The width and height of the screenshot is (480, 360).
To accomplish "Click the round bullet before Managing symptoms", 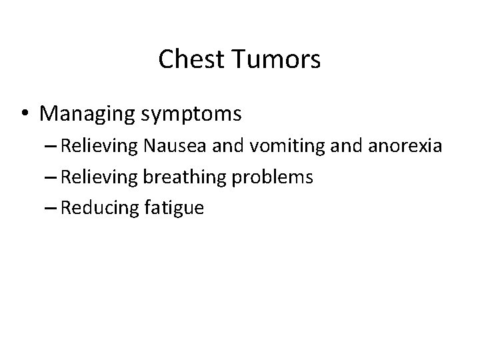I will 25,114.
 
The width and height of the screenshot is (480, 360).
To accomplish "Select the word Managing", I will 87,114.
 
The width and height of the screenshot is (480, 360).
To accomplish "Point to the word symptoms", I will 191,115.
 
